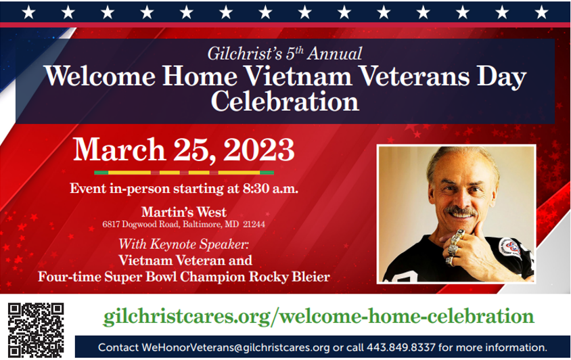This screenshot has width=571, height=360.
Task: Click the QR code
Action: [36, 330]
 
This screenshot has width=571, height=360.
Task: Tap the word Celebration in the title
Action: [285, 101]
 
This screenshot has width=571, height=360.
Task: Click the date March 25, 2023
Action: [183, 150]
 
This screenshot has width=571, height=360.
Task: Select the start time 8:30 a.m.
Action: [271, 188]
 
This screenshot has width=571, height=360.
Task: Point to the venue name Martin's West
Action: [184, 212]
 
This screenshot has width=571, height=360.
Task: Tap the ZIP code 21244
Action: [254, 224]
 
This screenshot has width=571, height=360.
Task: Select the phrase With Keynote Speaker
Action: [184, 244]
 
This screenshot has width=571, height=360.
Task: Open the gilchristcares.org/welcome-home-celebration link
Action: [319, 316]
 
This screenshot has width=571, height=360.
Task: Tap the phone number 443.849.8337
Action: [401, 347]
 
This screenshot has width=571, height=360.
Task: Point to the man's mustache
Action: [461, 210]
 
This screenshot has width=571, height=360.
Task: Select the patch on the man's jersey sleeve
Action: [510, 248]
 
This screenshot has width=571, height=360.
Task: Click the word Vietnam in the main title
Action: [298, 76]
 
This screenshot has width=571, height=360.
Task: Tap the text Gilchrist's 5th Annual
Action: [285, 53]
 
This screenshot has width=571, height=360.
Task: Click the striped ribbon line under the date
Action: [184, 173]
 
